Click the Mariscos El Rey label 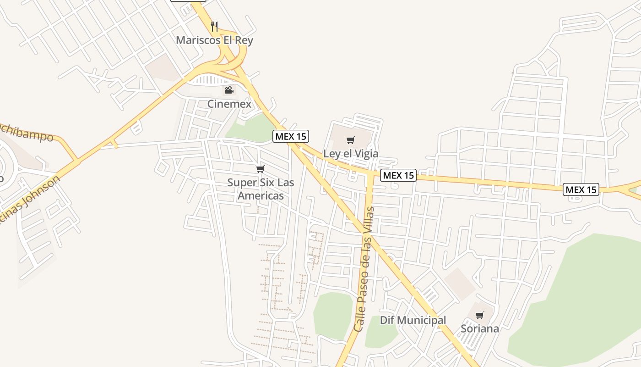pyautogui.click(x=214, y=40)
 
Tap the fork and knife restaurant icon pyautogui.click(x=214, y=26)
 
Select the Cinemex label pyautogui.click(x=229, y=104)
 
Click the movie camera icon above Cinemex pyautogui.click(x=229, y=90)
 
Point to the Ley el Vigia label pyautogui.click(x=351, y=154)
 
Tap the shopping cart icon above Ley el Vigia pyautogui.click(x=351, y=140)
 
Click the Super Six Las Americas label pyautogui.click(x=261, y=189)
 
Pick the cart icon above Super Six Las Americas pyautogui.click(x=261, y=169)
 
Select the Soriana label pyautogui.click(x=480, y=329)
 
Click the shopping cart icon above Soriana pyautogui.click(x=480, y=315)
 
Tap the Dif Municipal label pyautogui.click(x=413, y=320)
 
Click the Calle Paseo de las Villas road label pyautogui.click(x=364, y=269)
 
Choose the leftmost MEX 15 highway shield pyautogui.click(x=291, y=136)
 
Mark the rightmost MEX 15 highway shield pyautogui.click(x=581, y=189)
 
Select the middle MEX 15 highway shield pyautogui.click(x=398, y=175)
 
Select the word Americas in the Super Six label pyautogui.click(x=261, y=196)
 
